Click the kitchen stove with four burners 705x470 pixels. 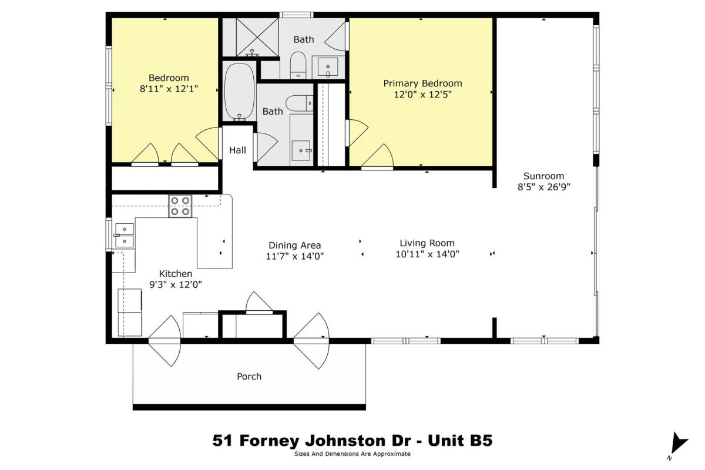pos(180,206)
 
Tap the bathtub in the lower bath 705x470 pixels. pos(240,91)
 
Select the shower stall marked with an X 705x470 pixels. pos(257,37)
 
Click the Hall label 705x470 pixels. pos(237,150)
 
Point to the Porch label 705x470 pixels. pos(249,377)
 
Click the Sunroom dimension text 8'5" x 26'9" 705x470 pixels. pos(544,187)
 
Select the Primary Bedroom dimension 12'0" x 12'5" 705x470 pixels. pos(422,95)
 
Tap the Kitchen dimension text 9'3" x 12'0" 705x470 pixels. pos(175,284)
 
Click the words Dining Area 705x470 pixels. pos(294,245)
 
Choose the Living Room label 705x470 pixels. pos(427,243)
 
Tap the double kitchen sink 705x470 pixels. pos(125,236)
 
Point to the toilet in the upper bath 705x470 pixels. pos(298,65)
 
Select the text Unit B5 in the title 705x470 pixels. pos(460,441)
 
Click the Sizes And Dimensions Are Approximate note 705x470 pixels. pos(352,454)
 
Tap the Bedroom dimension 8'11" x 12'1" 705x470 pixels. pos(169,89)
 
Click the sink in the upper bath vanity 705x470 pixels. pos(328,67)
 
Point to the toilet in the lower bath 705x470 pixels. pos(299,103)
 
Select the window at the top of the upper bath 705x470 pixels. pos(297,15)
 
